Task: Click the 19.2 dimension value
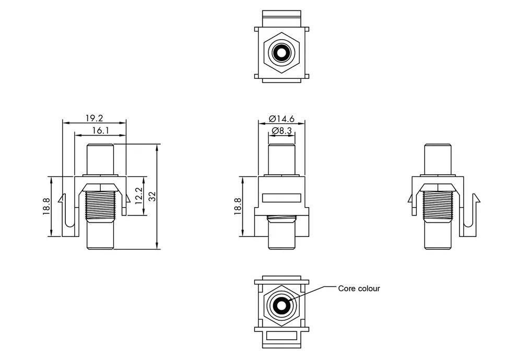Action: tap(94, 118)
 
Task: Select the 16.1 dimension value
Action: tap(101, 130)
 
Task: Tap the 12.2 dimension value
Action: tap(139, 196)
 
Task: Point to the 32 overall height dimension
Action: tap(152, 197)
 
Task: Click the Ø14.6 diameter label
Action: tap(281, 118)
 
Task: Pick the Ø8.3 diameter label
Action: tap(281, 130)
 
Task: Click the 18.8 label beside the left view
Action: tap(46, 206)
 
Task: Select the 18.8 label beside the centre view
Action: tap(238, 206)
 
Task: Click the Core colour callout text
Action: tap(359, 289)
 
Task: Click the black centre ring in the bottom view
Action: tap(281, 305)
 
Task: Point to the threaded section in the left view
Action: tap(101, 206)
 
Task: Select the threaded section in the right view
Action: tap(438, 206)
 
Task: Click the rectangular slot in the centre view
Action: tap(281, 198)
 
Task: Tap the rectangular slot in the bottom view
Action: tap(281, 335)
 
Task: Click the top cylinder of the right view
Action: tap(438, 160)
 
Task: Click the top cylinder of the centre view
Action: tap(281, 160)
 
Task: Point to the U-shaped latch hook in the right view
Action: tap(469, 215)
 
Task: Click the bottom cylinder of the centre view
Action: tap(281, 235)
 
